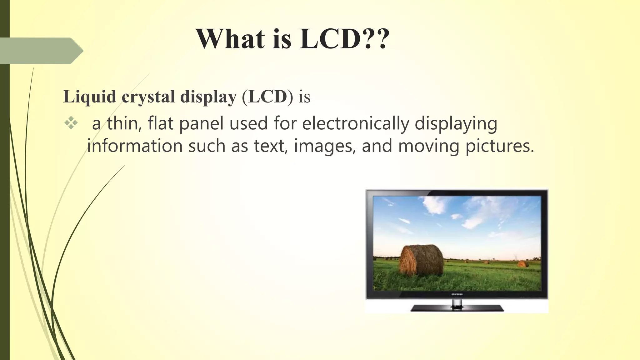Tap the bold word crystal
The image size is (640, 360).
click(148, 97)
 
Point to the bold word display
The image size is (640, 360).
click(208, 97)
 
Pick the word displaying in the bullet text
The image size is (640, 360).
click(456, 123)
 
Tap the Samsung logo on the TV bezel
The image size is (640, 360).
click(457, 294)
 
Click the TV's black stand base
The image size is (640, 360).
click(457, 308)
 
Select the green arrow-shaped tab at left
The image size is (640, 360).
click(41, 51)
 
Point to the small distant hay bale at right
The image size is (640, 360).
click(522, 264)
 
